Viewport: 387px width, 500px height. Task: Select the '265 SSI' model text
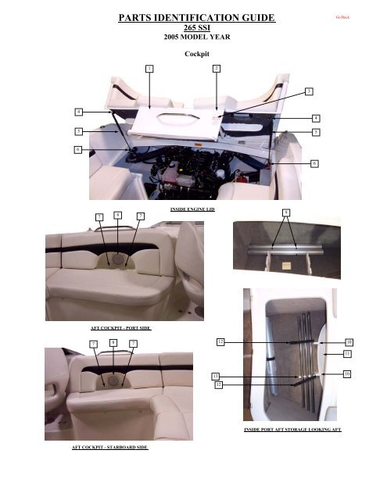pyautogui.click(x=193, y=26)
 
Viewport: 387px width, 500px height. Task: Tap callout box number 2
pyautogui.click(x=216, y=70)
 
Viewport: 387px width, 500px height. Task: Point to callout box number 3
pyautogui.click(x=309, y=92)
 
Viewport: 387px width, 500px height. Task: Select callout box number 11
pyautogui.click(x=347, y=354)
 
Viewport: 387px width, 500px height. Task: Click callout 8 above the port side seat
pyautogui.click(x=116, y=214)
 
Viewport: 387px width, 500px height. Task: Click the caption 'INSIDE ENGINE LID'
pyautogui.click(x=192, y=209)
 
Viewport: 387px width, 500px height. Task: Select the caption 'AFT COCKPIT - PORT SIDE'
pyautogui.click(x=120, y=329)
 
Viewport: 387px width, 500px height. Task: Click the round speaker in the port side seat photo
pyautogui.click(x=118, y=259)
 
